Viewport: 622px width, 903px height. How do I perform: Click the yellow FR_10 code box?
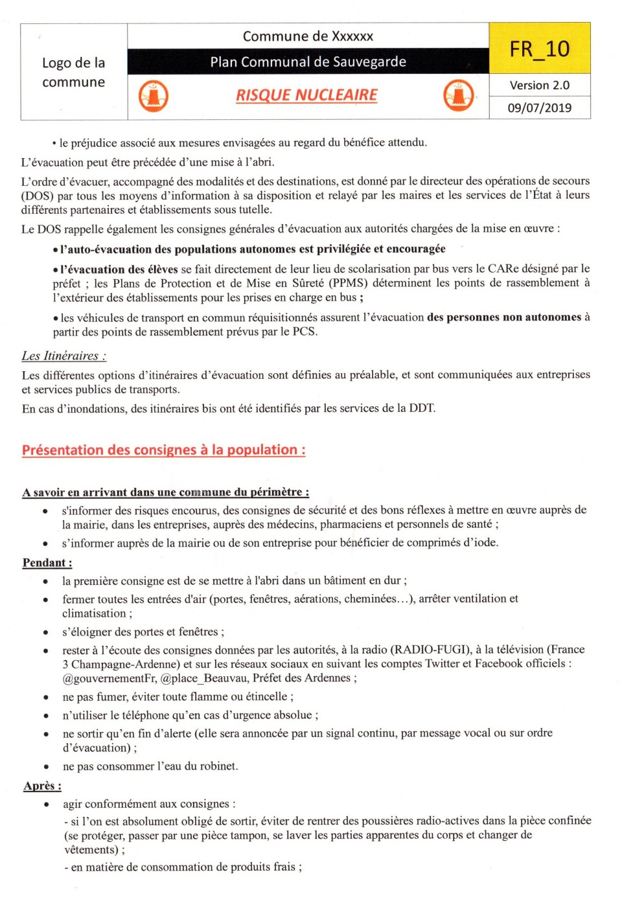(539, 49)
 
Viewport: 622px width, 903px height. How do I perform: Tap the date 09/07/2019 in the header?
(539, 108)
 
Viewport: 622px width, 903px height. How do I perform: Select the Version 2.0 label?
(539, 85)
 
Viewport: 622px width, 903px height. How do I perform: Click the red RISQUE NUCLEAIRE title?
(306, 95)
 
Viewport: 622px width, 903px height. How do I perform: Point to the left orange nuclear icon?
(154, 97)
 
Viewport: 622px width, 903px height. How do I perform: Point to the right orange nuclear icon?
(459, 96)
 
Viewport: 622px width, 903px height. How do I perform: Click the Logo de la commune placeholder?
(74, 72)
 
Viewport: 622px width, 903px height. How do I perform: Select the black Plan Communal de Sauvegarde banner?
(308, 62)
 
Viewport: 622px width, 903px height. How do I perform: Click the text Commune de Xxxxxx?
(308, 36)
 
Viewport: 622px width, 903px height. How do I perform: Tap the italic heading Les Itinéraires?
(63, 356)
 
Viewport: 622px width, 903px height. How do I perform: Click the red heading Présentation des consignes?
(163, 450)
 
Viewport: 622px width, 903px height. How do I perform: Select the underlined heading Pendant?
(47, 562)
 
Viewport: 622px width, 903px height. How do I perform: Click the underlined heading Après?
(42, 786)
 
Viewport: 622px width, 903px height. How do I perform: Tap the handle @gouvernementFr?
(109, 678)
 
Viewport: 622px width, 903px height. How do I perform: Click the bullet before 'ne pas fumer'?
(45, 697)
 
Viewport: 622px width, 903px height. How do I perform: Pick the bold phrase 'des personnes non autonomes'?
(503, 317)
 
